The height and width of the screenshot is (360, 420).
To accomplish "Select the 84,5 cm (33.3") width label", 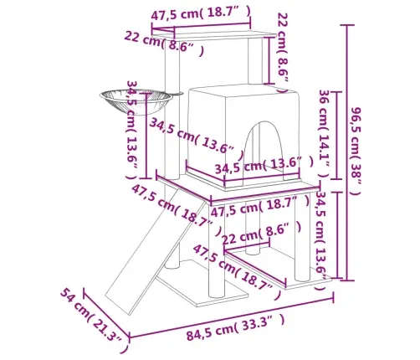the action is click(236, 327).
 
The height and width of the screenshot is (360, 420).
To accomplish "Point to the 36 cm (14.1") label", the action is click(325, 134).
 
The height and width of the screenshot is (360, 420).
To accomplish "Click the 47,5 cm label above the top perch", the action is click(200, 13).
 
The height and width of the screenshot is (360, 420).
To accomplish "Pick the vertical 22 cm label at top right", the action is click(283, 52).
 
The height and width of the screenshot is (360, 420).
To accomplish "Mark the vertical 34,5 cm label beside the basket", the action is click(132, 130).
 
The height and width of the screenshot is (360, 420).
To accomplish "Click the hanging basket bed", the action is click(136, 100).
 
